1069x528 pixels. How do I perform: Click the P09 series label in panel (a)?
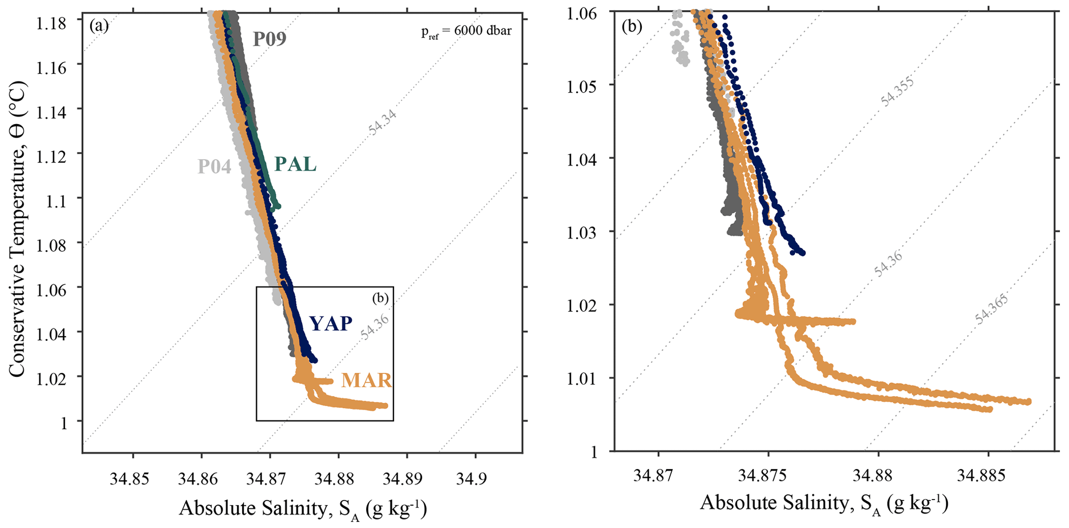(x=269, y=39)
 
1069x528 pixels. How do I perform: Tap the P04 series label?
(x=214, y=167)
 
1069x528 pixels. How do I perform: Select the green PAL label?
(x=295, y=164)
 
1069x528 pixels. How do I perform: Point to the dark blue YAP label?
(x=331, y=324)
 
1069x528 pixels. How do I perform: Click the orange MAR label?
(x=366, y=381)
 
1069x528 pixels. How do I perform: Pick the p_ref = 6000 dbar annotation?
(x=466, y=31)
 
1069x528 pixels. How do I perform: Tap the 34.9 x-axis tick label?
(x=475, y=479)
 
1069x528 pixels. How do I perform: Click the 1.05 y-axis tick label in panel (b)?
(x=582, y=86)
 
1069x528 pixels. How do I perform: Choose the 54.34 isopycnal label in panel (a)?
(x=383, y=123)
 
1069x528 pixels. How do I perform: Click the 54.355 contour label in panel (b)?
(x=898, y=92)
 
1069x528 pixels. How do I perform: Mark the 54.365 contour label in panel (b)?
(x=992, y=309)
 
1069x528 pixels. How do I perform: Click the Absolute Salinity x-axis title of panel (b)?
(x=824, y=503)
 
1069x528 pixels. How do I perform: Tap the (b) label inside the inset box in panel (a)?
(x=380, y=298)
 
